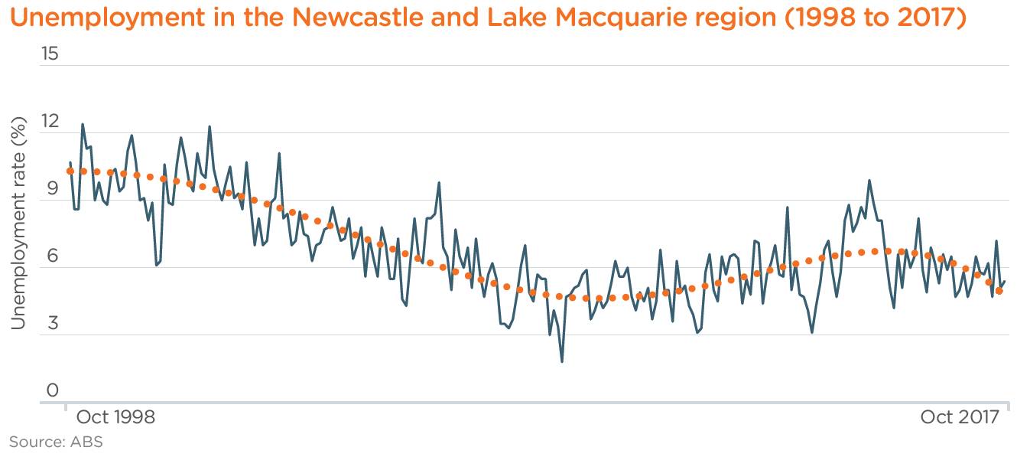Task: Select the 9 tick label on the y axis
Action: tap(53, 189)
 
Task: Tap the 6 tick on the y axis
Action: tap(53, 256)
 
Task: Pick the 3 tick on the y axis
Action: tap(53, 324)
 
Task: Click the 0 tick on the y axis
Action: tap(53, 391)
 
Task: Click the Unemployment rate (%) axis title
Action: tap(18, 222)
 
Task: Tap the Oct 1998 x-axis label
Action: tap(115, 417)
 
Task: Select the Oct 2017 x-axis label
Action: tap(960, 417)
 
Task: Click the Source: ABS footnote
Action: tap(56, 442)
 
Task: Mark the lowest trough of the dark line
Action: tap(562, 361)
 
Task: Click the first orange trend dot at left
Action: tap(70, 171)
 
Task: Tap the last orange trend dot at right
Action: tap(999, 291)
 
